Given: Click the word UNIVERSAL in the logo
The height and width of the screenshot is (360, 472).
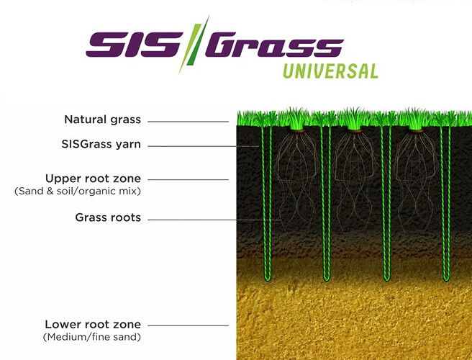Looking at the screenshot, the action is tap(330, 71).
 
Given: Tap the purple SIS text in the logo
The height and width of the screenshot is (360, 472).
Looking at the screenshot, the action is tap(134, 45).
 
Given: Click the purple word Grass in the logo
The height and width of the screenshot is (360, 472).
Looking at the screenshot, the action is tap(275, 45).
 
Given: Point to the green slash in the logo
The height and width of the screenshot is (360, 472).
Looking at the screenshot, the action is tap(194, 45).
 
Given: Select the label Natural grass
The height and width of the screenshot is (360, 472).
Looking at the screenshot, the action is tap(102, 120).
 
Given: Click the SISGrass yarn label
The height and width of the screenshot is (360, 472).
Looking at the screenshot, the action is tap(101, 144).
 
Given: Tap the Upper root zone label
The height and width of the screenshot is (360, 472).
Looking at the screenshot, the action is tap(93, 179).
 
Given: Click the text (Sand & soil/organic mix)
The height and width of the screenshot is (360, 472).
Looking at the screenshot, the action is tap(78, 192).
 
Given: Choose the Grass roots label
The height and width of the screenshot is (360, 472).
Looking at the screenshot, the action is tap(108, 217).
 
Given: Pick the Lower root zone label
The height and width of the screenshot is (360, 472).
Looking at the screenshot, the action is tap(93, 325).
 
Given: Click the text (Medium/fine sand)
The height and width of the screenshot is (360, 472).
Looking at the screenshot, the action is tap(92, 337).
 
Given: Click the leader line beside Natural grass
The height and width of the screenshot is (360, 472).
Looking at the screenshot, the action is tap(188, 122).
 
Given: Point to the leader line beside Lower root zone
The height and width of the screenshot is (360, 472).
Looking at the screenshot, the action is tap(188, 325).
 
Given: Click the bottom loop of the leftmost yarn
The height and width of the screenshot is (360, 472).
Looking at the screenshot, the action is tap(268, 279).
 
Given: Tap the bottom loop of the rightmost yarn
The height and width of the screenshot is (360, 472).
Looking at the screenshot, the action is tap(446, 279).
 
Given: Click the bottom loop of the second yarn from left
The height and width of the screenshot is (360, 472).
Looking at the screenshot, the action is tap(327, 279).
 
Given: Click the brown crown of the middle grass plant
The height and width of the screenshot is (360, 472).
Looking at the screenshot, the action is tap(355, 130).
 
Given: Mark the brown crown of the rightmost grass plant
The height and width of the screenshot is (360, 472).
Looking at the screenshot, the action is tap(415, 130).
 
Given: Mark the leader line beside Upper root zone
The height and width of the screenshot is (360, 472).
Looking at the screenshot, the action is tap(188, 179).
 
